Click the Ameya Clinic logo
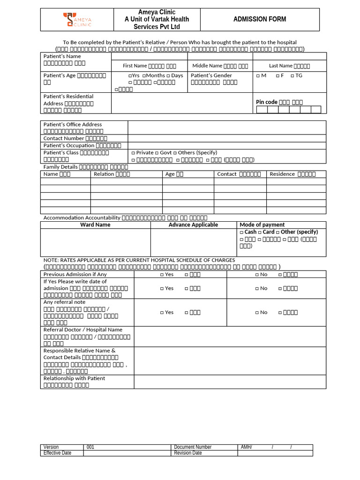click(78, 20)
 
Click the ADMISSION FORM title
click(260, 19)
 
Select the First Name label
click(135, 66)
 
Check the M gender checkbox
click(258, 75)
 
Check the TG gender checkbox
click(292, 75)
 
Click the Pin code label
click(266, 102)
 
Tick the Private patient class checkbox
click(133, 153)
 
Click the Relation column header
click(104, 174)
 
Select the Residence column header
click(282, 174)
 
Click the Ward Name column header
click(96, 225)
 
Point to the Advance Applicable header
click(193, 225)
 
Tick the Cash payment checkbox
click(241, 232)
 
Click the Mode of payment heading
click(262, 225)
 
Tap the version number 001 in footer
click(90, 447)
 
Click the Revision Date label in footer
click(187, 453)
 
